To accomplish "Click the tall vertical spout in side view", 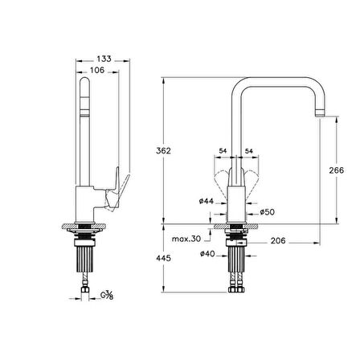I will (x=85, y=129).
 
